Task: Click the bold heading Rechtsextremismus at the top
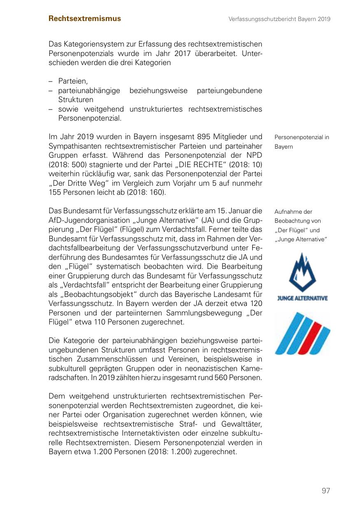(85, 19)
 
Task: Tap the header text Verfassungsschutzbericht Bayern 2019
(280, 19)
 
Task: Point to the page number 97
(326, 490)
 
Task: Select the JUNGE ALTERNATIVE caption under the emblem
(302, 298)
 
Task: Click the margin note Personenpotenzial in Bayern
(302, 142)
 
